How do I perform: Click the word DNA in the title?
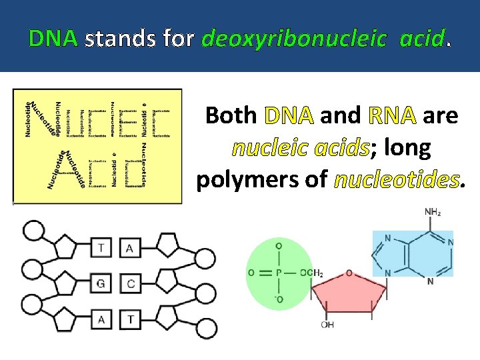click(x=53, y=39)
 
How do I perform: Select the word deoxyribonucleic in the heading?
click(x=293, y=40)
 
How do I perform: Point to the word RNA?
click(x=392, y=116)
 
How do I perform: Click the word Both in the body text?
click(x=231, y=116)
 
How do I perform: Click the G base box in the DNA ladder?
click(x=101, y=284)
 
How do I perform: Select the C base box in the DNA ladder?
click(x=130, y=284)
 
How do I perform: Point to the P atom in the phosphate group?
click(x=279, y=273)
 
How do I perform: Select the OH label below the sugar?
click(x=327, y=325)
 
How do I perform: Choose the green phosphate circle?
click(x=279, y=273)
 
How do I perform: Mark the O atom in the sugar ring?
click(x=349, y=273)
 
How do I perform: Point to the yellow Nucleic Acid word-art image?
click(x=97, y=146)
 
